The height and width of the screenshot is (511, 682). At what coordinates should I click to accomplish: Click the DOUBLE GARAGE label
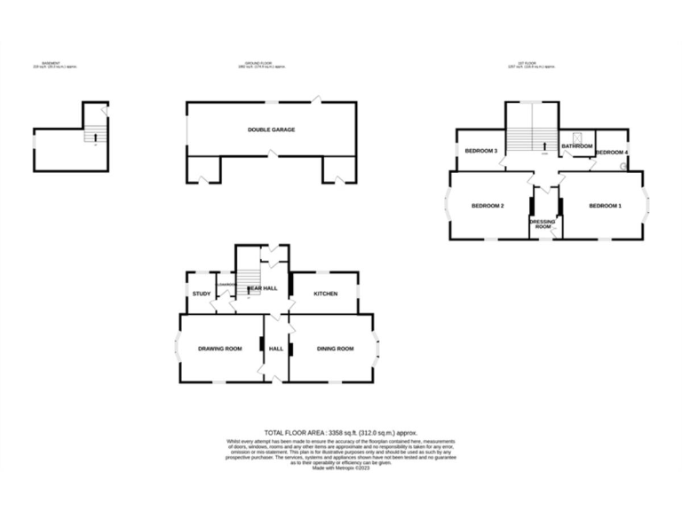tap(271, 130)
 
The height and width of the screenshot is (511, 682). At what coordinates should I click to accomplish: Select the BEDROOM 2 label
tap(488, 206)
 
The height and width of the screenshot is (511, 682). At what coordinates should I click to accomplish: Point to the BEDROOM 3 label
tap(480, 151)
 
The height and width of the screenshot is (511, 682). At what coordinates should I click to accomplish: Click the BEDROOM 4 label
tap(612, 153)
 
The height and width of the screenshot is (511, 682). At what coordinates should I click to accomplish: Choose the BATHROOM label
tap(576, 145)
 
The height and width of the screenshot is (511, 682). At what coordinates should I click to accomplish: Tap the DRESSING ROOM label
tap(543, 224)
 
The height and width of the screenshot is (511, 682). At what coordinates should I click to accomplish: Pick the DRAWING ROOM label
tap(220, 349)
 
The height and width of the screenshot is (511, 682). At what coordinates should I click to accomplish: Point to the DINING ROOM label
tap(335, 349)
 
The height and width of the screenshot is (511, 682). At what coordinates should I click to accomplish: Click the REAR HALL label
tap(263, 289)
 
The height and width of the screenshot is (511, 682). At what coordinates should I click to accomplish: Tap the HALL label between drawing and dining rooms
tap(276, 349)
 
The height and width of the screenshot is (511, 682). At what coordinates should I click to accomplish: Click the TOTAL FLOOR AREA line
tap(341, 432)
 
